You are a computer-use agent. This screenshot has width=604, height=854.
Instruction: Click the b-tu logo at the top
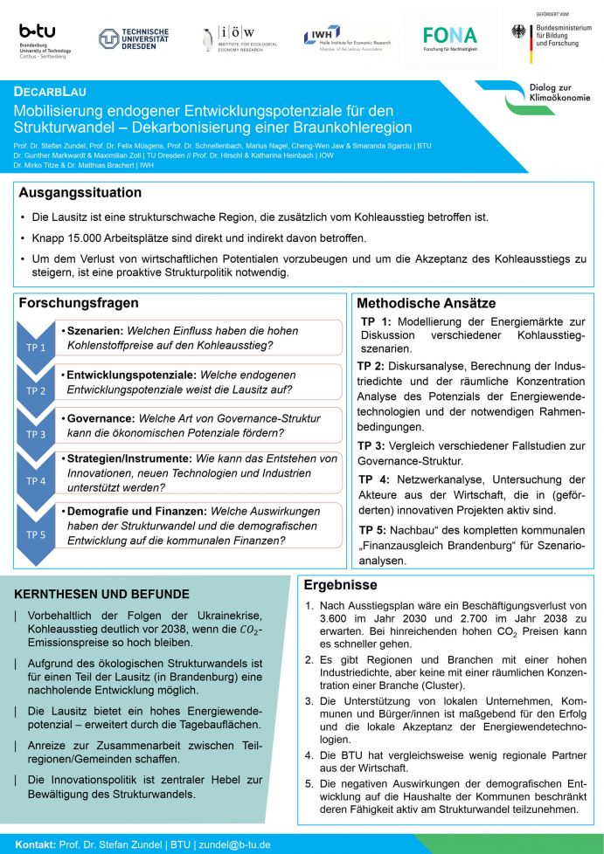click(45, 38)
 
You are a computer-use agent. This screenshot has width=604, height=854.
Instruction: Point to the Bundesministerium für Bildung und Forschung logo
click(552, 37)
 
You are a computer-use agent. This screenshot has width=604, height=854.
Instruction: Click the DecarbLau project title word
click(50, 92)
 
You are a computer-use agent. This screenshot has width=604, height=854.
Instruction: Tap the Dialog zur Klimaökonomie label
click(560, 93)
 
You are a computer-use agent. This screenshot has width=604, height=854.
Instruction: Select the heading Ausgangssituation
click(80, 192)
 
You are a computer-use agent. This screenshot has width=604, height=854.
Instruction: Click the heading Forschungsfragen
click(79, 303)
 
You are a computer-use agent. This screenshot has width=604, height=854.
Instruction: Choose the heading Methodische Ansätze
click(427, 303)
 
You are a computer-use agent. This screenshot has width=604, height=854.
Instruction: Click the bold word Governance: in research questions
click(97, 418)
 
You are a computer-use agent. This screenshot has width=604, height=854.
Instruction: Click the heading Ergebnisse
click(340, 585)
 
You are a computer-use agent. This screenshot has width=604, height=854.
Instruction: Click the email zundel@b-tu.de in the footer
click(236, 844)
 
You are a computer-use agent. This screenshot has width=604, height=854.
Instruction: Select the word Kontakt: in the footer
click(35, 844)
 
